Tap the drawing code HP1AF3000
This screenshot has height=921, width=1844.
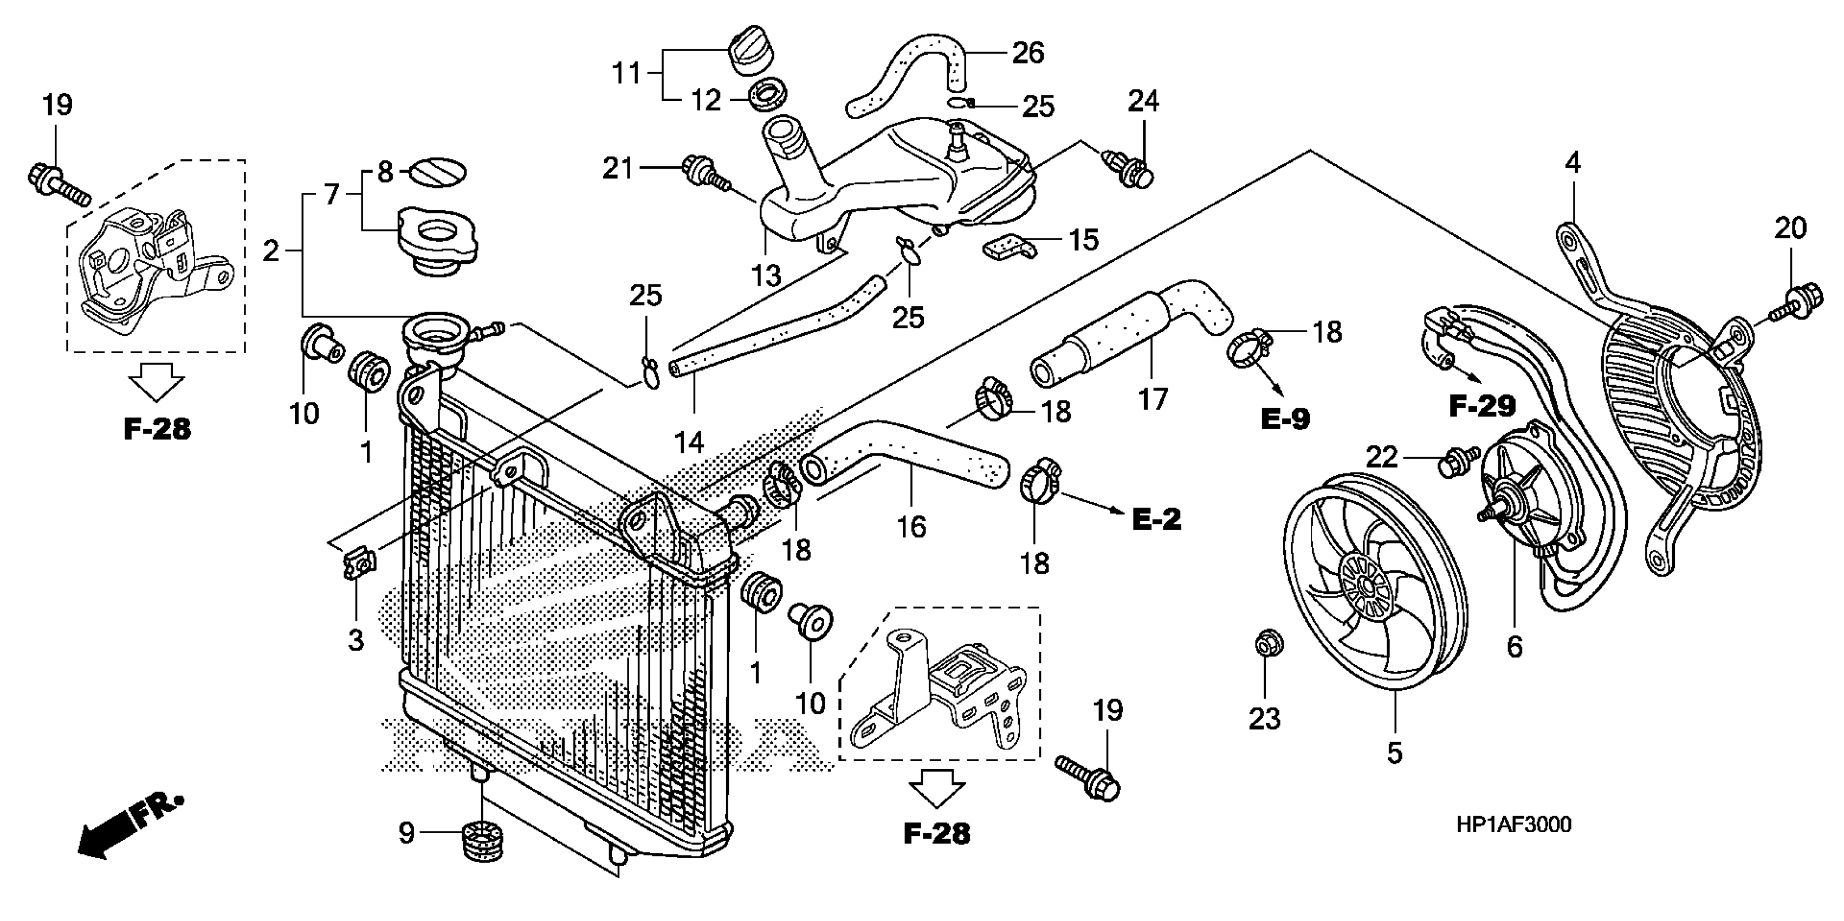pos(1513,825)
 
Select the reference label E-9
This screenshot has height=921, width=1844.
pos(1285,419)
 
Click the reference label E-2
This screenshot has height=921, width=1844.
pos(1156,519)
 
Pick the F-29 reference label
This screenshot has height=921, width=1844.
pos(1482,406)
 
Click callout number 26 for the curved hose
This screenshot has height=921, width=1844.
pos(1028,53)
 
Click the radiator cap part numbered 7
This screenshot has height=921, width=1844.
pos(437,240)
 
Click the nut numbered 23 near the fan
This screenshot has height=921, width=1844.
pos(1269,642)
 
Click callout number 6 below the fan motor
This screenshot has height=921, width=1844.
pos(1514,647)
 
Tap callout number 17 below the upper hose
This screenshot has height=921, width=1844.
pos(1153,399)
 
